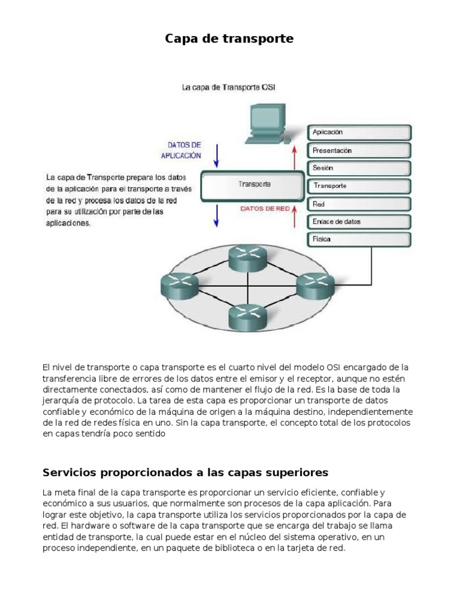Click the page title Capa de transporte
click(x=229, y=39)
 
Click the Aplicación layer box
click(x=359, y=133)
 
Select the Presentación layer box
click(x=359, y=151)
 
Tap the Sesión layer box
click(x=359, y=168)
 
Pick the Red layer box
click(x=359, y=204)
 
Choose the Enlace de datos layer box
click(x=359, y=222)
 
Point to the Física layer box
click(x=359, y=239)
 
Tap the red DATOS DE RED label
click(x=265, y=209)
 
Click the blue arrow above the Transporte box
click(x=217, y=154)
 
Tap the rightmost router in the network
click(x=311, y=285)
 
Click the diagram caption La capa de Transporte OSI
click(x=229, y=88)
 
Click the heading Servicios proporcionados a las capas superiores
click(x=186, y=472)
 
